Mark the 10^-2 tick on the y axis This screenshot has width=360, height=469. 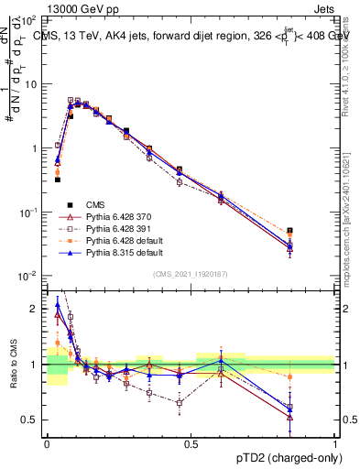tap(28, 276)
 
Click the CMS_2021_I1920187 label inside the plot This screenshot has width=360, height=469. tap(191, 274)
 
